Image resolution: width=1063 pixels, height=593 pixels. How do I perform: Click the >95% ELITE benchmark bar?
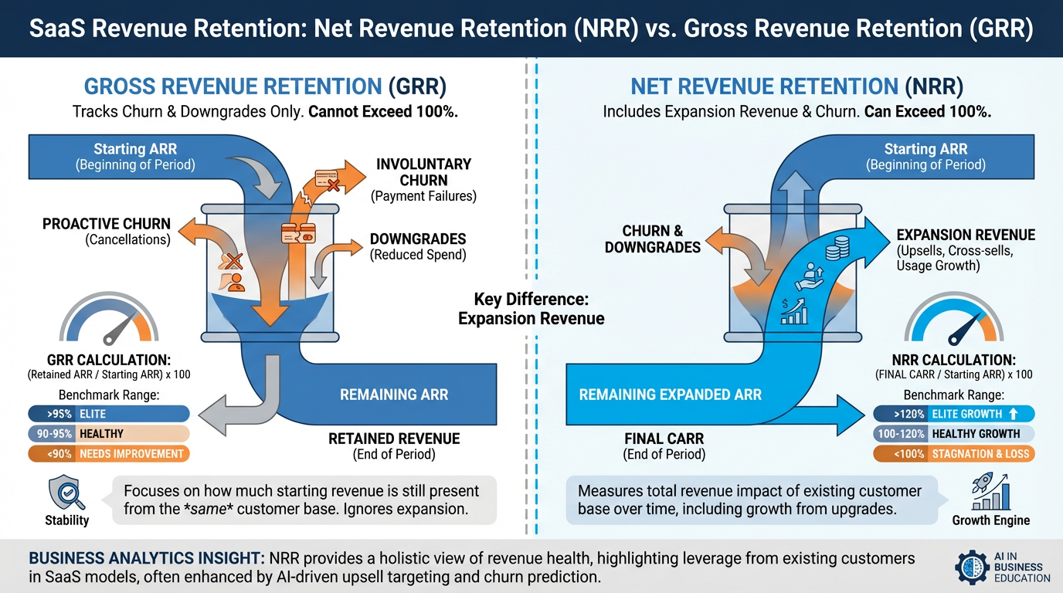click(x=108, y=413)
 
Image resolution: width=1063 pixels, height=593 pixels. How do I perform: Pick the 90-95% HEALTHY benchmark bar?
click(x=108, y=434)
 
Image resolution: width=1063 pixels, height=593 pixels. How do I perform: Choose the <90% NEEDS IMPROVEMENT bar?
click(x=108, y=454)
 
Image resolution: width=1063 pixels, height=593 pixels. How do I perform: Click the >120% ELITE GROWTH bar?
click(x=954, y=413)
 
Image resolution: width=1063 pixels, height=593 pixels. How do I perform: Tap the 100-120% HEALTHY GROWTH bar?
click(x=954, y=434)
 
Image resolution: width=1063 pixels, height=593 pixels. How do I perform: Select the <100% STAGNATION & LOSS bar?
click(x=954, y=454)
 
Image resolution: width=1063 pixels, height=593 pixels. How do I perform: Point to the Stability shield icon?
click(x=66, y=493)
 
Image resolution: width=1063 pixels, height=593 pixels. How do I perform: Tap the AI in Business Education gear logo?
click(x=973, y=567)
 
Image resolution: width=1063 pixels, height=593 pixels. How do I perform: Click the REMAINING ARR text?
click(x=394, y=395)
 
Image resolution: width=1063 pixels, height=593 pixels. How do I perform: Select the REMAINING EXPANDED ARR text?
click(x=670, y=395)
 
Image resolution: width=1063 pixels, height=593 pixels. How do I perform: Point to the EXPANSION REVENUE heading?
click(x=966, y=235)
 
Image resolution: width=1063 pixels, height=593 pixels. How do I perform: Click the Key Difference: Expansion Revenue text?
click(x=531, y=309)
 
